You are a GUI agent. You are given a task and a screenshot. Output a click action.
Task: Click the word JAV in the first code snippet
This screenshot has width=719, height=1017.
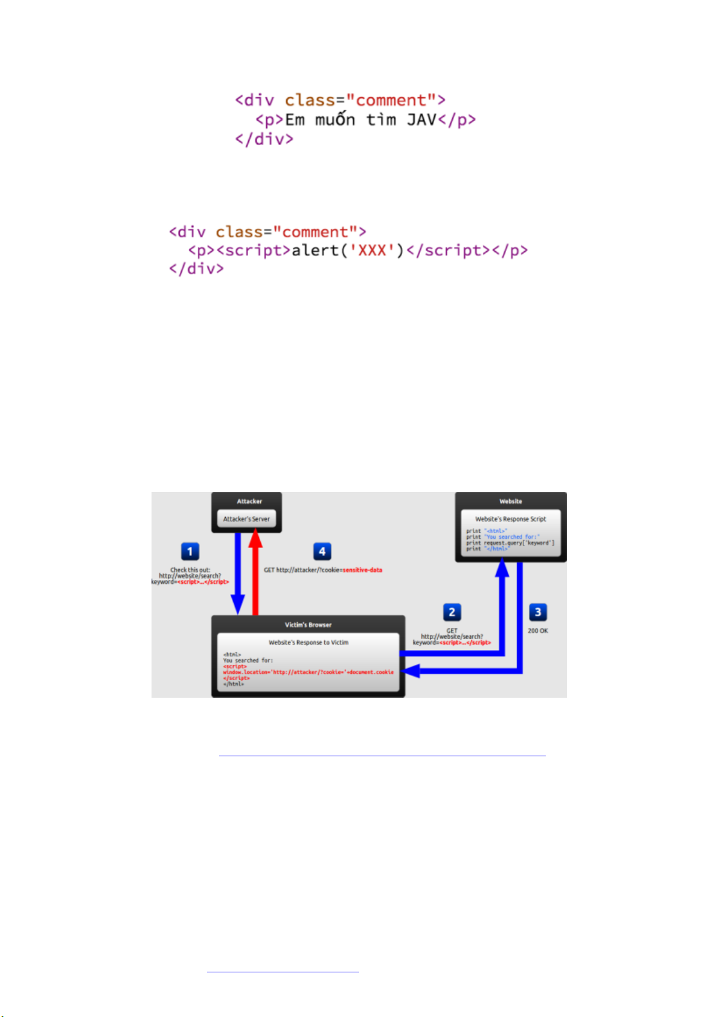421,120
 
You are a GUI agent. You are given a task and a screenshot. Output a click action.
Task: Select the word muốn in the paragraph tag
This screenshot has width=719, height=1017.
334,120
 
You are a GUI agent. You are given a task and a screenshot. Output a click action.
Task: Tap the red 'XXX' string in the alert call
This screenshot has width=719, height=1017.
372,250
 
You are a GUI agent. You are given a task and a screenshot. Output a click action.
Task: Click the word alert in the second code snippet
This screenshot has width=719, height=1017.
316,250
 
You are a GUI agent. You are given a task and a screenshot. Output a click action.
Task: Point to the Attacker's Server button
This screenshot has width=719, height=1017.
246,519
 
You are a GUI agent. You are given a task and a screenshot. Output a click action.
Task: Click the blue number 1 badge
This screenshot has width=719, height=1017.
190,551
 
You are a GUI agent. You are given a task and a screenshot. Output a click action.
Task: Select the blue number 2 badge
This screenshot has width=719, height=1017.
452,612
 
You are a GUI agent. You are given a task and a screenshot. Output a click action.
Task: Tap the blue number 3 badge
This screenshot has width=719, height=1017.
538,612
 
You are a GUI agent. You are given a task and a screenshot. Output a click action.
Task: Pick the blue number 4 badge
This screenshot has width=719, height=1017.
322,551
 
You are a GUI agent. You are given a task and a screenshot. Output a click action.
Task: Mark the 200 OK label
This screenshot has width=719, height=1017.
538,631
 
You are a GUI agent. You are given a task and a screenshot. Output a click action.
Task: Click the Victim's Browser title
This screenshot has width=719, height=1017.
308,625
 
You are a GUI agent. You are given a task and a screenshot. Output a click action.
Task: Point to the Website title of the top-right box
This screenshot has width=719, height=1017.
511,501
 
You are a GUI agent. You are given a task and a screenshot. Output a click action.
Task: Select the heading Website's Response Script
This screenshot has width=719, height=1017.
510,519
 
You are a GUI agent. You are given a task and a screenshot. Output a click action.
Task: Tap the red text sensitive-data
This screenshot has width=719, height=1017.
362,570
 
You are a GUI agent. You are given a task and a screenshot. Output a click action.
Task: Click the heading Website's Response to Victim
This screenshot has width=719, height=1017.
308,643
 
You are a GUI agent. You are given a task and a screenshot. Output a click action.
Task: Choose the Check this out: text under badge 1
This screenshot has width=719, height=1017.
190,570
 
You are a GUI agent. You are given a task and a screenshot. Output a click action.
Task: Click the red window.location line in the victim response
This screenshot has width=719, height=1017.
308,672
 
